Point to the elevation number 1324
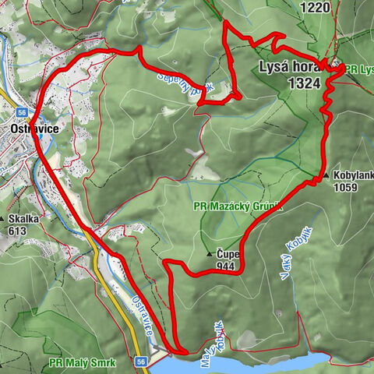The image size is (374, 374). click(304, 83)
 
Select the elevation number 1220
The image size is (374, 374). click(316, 8)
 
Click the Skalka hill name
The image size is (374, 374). click(23, 219)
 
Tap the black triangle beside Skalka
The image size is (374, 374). click(4, 220)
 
